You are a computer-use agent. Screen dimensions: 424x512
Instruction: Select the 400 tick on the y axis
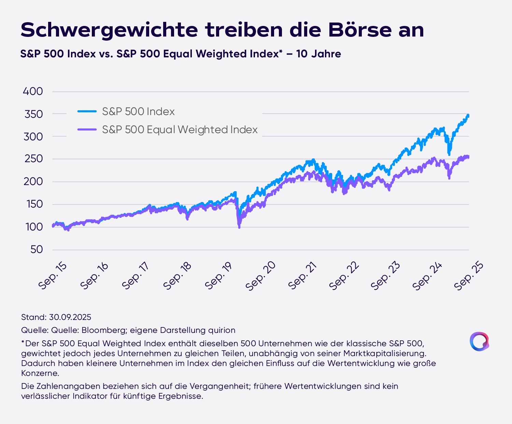click(33, 91)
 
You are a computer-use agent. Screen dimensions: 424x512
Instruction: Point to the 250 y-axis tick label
click(33, 159)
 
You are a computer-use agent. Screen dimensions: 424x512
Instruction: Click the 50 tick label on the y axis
click(37, 250)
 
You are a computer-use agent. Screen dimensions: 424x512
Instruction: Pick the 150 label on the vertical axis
click(33, 204)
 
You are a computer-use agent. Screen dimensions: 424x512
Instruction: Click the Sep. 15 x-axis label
click(53, 276)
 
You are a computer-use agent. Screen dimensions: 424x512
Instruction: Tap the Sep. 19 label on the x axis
click(219, 276)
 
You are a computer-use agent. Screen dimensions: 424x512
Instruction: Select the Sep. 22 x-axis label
click(345, 276)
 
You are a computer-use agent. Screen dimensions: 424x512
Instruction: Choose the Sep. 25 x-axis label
click(469, 276)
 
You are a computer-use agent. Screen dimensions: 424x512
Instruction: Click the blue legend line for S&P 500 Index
click(87, 111)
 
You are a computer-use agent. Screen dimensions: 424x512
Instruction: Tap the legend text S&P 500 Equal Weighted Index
click(180, 130)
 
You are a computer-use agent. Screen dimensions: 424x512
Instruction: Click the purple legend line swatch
click(87, 129)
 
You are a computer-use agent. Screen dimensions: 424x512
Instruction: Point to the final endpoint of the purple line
click(468, 157)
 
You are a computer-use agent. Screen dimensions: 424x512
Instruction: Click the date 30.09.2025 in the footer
click(70, 317)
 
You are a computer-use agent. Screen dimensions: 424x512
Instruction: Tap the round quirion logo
click(479, 341)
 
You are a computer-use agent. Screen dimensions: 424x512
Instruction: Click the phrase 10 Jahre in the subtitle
click(318, 54)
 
